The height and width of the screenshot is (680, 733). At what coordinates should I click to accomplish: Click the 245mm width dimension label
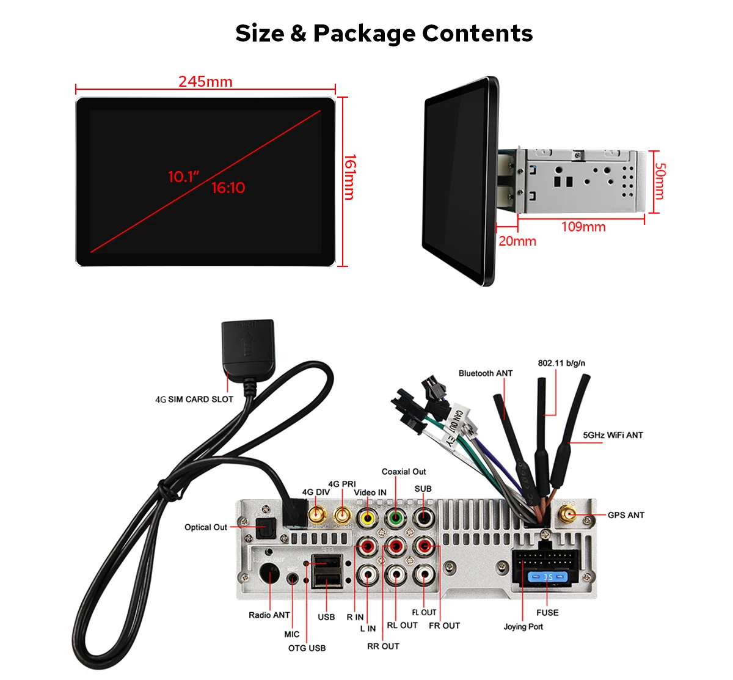(x=205, y=82)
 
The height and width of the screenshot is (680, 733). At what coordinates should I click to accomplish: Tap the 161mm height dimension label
(x=350, y=177)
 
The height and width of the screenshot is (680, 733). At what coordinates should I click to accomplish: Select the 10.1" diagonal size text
(x=184, y=177)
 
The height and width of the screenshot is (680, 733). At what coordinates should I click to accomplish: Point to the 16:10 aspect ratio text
(x=228, y=188)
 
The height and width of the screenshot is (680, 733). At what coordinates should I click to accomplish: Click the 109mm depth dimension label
(x=583, y=227)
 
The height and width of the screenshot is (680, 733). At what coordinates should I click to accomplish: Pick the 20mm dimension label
(x=517, y=241)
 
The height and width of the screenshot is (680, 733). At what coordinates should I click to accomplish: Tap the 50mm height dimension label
(x=660, y=181)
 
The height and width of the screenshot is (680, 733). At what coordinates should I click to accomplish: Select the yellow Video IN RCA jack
(x=368, y=518)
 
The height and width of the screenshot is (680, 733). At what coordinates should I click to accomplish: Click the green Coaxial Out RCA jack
(x=395, y=518)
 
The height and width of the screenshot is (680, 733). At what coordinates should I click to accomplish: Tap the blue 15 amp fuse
(x=547, y=577)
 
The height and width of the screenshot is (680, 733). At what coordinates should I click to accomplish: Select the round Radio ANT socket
(x=269, y=575)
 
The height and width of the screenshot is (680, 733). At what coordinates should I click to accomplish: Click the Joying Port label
(x=523, y=627)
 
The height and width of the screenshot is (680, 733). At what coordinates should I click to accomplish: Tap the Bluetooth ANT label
(x=486, y=373)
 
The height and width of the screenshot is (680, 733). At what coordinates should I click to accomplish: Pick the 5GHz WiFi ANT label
(x=613, y=435)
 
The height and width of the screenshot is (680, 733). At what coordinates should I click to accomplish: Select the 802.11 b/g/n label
(x=561, y=363)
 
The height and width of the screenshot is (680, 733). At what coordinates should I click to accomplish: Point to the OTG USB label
(x=307, y=648)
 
